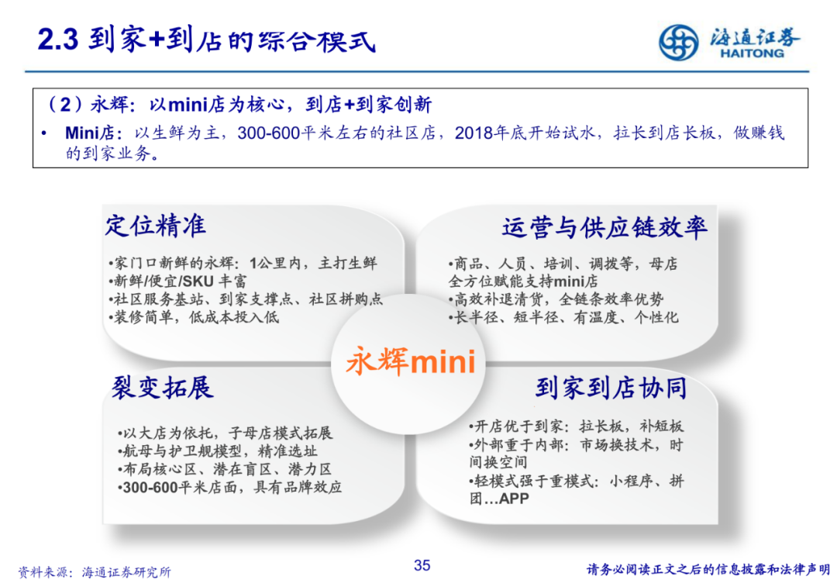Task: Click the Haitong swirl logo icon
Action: [678, 42]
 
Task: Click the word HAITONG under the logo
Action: [752, 54]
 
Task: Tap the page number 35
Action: [422, 565]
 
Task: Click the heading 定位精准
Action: [155, 226]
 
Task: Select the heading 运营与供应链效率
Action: [604, 227]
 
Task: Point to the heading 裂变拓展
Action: [162, 388]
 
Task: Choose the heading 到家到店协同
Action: [611, 388]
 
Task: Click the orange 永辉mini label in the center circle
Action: [411, 361]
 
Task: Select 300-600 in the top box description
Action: [268, 133]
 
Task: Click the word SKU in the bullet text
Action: [198, 281]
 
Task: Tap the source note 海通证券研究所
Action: [126, 572]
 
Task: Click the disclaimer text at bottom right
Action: [708, 570]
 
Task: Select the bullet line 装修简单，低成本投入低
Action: [194, 317]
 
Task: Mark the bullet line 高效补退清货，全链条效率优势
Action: [556, 299]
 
